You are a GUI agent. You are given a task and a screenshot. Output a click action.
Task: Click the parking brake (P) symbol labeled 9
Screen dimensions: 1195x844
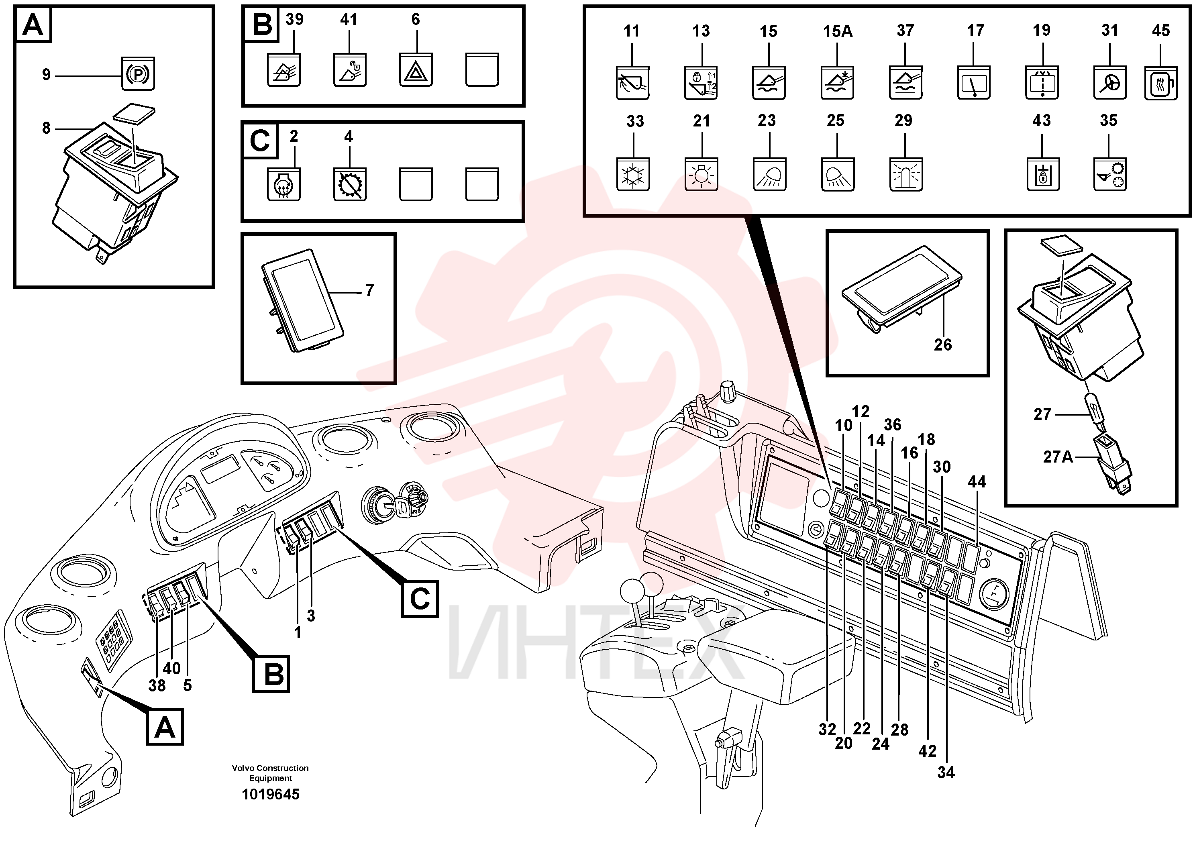(138, 74)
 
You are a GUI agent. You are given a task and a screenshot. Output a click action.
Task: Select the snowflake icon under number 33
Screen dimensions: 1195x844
(633, 175)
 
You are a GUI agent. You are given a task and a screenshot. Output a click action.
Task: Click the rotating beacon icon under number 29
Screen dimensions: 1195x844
(906, 175)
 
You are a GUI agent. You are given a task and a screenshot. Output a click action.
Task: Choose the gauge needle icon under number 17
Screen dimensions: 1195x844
(974, 83)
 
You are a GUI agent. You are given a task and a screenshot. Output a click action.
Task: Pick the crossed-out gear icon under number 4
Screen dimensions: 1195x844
(350, 185)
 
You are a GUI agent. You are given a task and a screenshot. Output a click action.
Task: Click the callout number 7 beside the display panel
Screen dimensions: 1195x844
(369, 290)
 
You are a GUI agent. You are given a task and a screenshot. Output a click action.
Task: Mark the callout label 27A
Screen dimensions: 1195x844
(1058, 457)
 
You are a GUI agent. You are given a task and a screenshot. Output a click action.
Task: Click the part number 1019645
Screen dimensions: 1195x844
(271, 794)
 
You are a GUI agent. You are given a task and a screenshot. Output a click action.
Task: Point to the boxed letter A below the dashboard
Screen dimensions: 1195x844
(165, 727)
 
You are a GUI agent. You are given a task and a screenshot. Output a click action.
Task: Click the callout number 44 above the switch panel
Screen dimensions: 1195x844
(977, 482)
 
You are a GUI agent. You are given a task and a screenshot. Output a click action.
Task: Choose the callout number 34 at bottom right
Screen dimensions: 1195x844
(946, 773)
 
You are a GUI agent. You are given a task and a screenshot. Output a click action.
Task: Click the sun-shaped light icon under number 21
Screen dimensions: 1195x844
(701, 175)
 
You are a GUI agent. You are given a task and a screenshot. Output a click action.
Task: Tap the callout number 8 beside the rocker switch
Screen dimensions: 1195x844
(46, 128)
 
